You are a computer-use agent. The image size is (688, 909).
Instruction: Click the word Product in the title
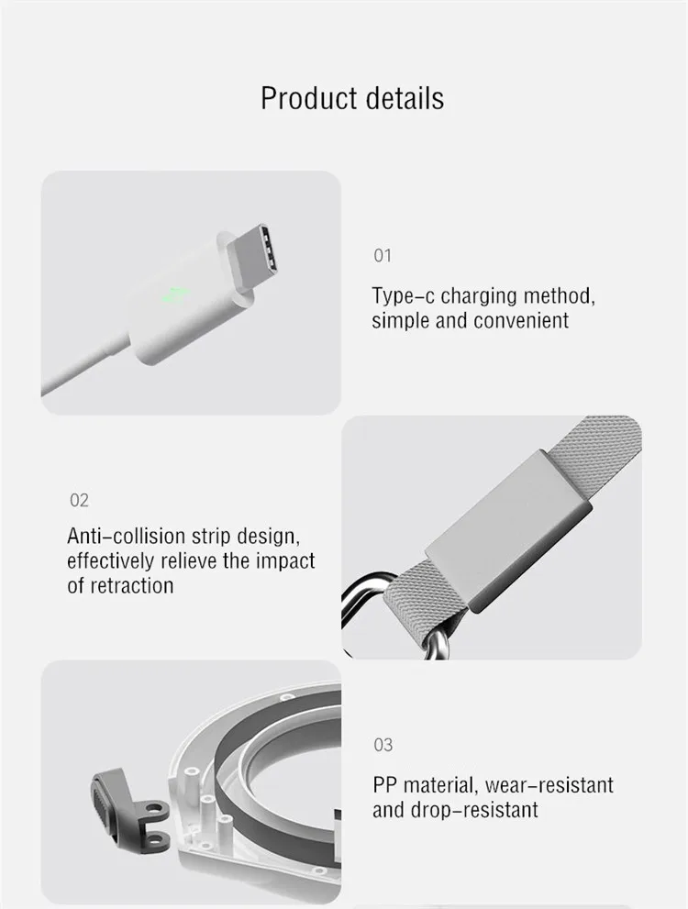(x=308, y=98)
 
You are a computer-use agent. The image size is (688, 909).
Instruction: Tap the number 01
(x=383, y=256)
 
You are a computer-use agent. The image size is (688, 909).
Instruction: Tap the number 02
(x=80, y=500)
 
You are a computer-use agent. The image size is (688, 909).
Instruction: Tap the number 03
(x=383, y=745)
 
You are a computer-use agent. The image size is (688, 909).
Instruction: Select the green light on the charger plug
(x=174, y=295)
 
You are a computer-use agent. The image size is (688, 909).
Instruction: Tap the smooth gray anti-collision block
(x=508, y=530)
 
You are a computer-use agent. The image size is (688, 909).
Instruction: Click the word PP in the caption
(x=385, y=785)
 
